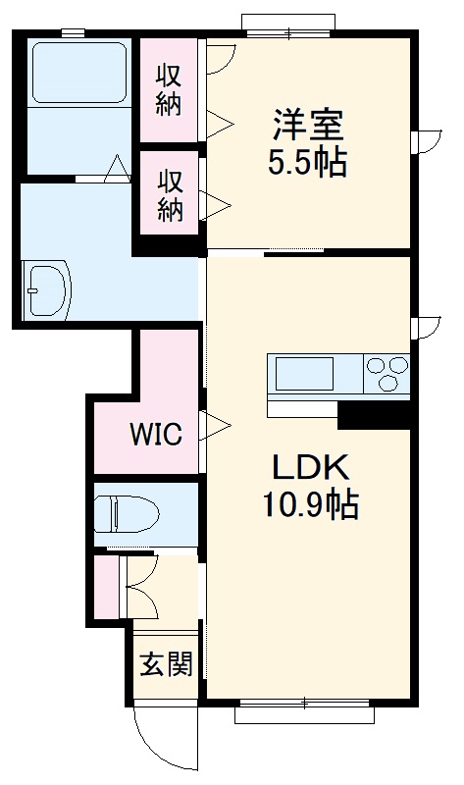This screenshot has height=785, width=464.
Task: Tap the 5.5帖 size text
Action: point(307,163)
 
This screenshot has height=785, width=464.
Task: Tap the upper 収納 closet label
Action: point(170,88)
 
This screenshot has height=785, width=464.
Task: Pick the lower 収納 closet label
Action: point(170,195)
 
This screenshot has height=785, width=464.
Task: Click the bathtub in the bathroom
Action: point(79,74)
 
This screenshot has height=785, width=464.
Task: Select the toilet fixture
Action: point(128,512)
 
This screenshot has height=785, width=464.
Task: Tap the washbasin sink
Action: point(47,288)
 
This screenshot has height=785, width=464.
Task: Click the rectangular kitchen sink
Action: point(304,374)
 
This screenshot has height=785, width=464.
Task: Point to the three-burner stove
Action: point(387,374)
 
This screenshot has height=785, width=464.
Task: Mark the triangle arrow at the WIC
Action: point(216,426)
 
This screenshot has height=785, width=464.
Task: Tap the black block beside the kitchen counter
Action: point(373,415)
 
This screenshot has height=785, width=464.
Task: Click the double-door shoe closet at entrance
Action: point(140,587)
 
